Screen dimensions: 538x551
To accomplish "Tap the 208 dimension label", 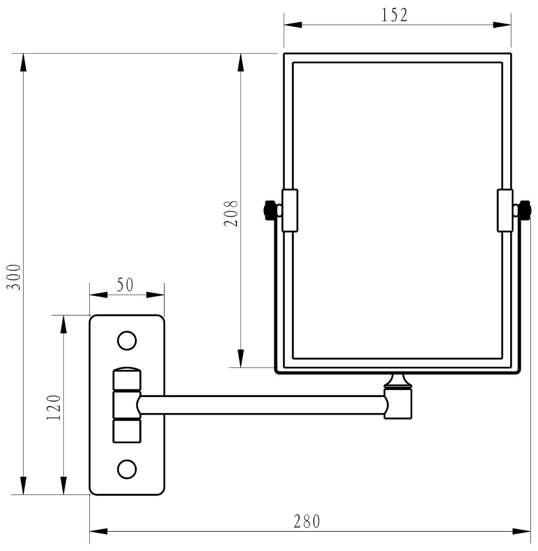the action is pyautogui.click(x=231, y=213).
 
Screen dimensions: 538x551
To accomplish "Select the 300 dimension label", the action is pyautogui.click(x=13, y=277).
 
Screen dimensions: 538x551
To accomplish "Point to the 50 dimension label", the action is pyautogui.click(x=125, y=284).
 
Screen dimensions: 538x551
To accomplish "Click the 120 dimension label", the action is pyautogui.click(x=54, y=407).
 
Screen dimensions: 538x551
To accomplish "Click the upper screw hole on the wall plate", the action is pyautogui.click(x=127, y=341).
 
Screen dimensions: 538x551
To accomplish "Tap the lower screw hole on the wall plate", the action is pyautogui.click(x=127, y=469).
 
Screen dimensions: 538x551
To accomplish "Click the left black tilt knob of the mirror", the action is pyautogui.click(x=269, y=210).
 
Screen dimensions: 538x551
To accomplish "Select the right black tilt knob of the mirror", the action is pyautogui.click(x=525, y=210).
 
